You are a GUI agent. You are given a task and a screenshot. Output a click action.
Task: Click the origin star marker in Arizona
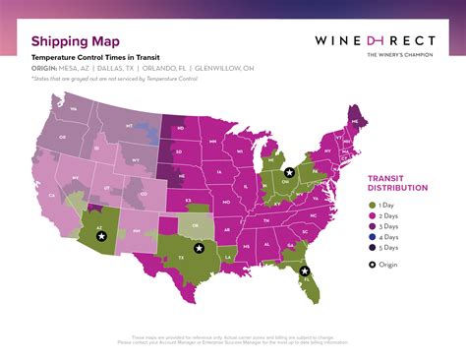100,236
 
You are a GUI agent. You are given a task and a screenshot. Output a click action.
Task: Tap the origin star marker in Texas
200,249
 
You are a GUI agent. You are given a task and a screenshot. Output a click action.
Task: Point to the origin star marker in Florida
305,271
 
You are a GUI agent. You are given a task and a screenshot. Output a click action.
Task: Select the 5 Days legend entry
388,248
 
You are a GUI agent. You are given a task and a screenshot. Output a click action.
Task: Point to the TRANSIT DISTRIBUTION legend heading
397,182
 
